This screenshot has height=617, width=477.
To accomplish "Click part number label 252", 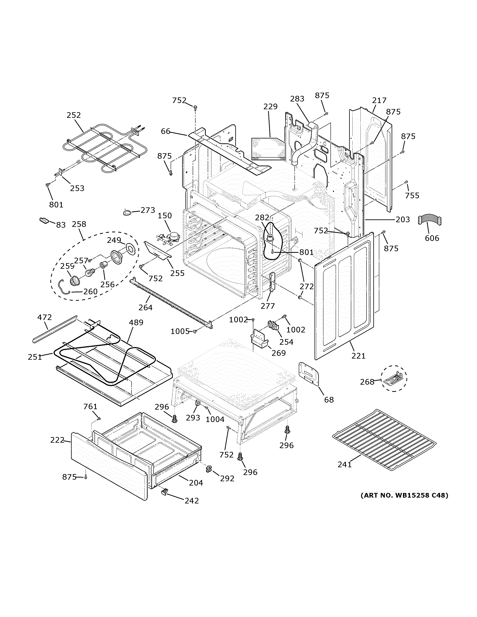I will pyautogui.click(x=74, y=115).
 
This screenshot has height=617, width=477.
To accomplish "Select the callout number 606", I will pyautogui.click(x=432, y=238).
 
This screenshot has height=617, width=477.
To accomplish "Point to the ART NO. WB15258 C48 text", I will pyautogui.click(x=404, y=495).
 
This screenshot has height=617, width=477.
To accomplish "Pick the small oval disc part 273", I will pyautogui.click(x=127, y=212).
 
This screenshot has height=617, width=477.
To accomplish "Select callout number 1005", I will pyautogui.click(x=180, y=331).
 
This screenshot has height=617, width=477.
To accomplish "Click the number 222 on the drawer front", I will pyautogui.click(x=57, y=440).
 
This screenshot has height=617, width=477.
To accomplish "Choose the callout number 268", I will pyautogui.click(x=367, y=382).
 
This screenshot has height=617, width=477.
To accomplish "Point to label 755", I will pyautogui.click(x=412, y=196).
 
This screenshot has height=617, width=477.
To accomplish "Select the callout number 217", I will pyautogui.click(x=379, y=100).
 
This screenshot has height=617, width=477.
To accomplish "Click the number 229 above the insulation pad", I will pyautogui.click(x=270, y=107).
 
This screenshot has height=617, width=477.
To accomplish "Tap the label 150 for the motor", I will pyautogui.click(x=165, y=216).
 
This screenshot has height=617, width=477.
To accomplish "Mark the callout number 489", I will pyautogui.click(x=136, y=322).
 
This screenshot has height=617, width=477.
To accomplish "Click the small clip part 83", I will pyautogui.click(x=44, y=220).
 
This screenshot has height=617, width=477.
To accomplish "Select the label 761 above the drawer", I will pyautogui.click(x=90, y=406).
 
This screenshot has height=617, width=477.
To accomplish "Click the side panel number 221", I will pyautogui.click(x=358, y=356).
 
